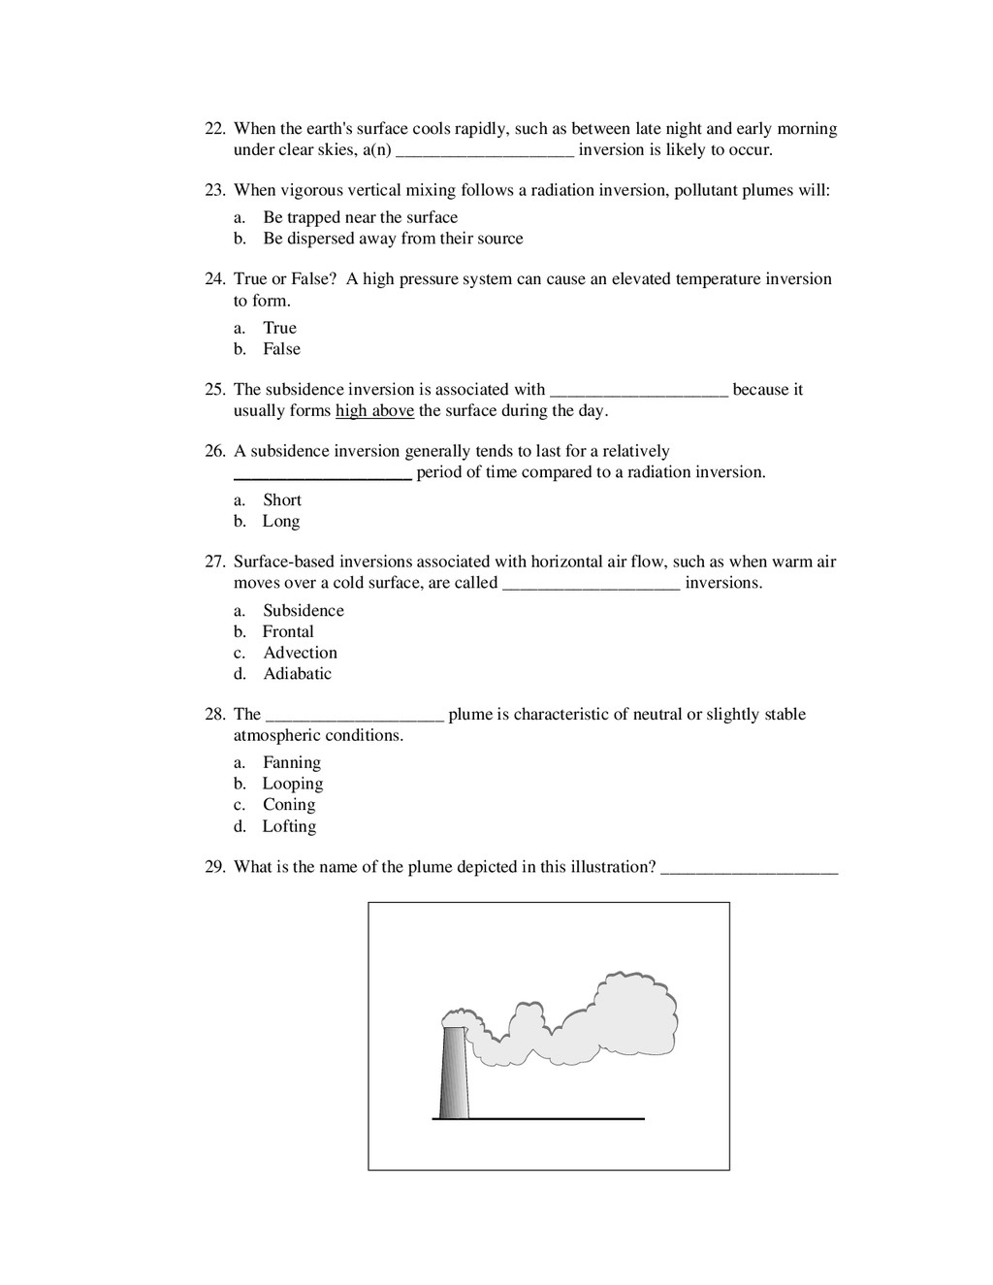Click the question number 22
pyautogui.click(x=214, y=129)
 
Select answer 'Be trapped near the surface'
pyautogui.click(x=360, y=217)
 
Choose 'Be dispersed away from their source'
pyautogui.click(x=392, y=239)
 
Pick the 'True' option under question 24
pyautogui.click(x=279, y=328)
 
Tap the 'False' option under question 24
pyautogui.click(x=281, y=349)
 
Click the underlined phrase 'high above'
pyautogui.click(x=374, y=410)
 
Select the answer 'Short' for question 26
pyautogui.click(x=281, y=500)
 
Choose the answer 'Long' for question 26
pyautogui.click(x=280, y=522)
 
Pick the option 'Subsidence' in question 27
pyautogui.click(x=303, y=611)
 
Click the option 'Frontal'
pyautogui.click(x=288, y=631)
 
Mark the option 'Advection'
pyautogui.click(x=300, y=653)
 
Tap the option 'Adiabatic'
pyautogui.click(x=297, y=674)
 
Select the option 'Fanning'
pyautogui.click(x=291, y=763)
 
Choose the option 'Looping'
pyautogui.click(x=292, y=784)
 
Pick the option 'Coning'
pyautogui.click(x=288, y=805)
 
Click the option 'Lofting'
pyautogui.click(x=289, y=826)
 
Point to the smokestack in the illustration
pyautogui.click(x=453, y=1071)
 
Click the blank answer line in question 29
pyautogui.click(x=749, y=872)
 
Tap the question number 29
pyautogui.click(x=214, y=867)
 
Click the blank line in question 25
pyautogui.click(x=638, y=394)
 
